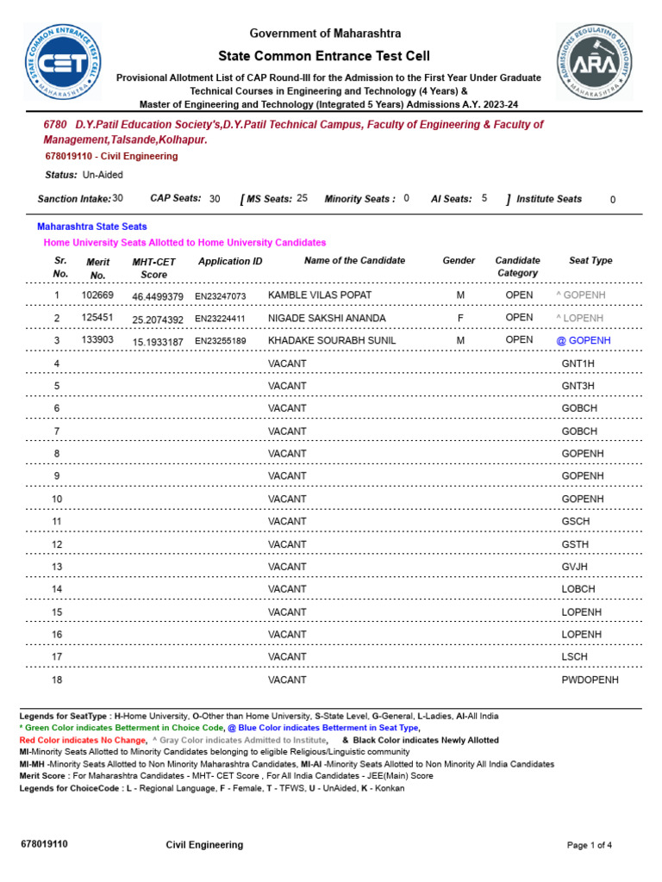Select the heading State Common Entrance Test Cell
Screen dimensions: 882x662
coord(325,55)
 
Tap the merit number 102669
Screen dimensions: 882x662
coord(97,295)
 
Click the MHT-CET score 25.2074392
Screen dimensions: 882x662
coord(158,319)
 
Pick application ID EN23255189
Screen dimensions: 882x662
coord(221,341)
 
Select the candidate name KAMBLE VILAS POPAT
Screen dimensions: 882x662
coord(320,295)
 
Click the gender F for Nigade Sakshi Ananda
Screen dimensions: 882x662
coord(460,318)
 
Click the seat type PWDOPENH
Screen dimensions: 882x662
coord(590,680)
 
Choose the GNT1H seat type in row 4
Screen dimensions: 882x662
coord(578,363)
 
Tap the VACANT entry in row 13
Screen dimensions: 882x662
coord(287,567)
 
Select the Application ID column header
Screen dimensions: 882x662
coord(230,261)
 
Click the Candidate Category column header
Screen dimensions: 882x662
coord(517,266)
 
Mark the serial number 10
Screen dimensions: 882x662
coord(57,499)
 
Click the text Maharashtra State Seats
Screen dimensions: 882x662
coord(91,227)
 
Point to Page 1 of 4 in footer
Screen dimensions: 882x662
coord(590,845)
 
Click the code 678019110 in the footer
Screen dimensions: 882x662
coord(44,844)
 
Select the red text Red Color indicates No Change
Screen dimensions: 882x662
coord(83,740)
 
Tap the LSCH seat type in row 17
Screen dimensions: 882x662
coord(574,656)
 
